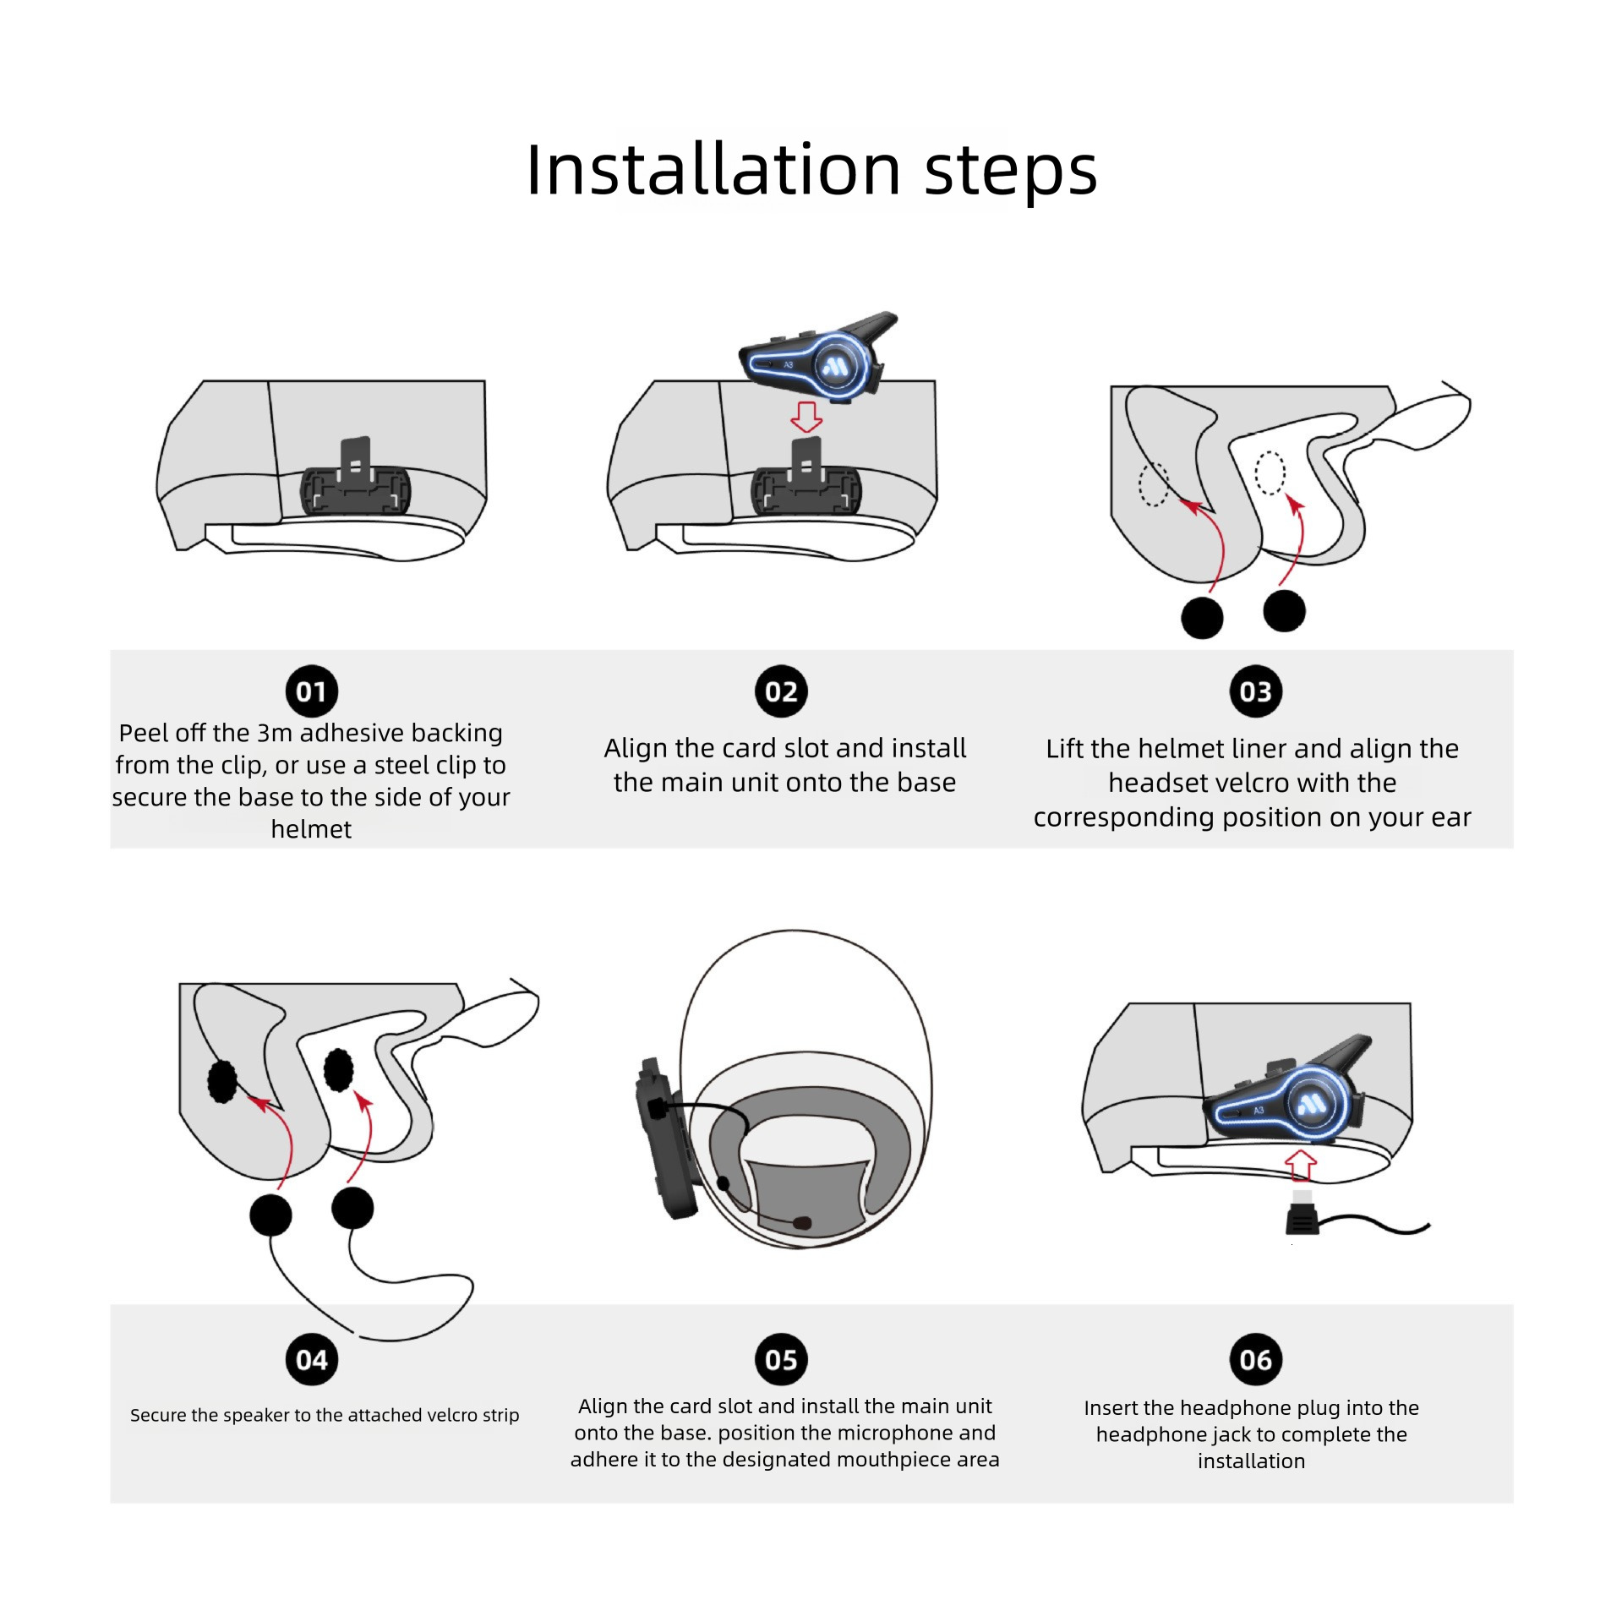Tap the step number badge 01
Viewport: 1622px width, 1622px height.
311,691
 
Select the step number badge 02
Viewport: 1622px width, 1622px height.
780,691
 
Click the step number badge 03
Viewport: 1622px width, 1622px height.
1255,691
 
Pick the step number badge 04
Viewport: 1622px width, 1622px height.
311,1359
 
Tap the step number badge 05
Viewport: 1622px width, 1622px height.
780,1359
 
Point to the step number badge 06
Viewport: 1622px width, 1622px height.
1255,1359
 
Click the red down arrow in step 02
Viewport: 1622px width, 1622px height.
806,417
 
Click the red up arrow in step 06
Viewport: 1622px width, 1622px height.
1301,1165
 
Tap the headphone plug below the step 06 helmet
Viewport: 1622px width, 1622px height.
1303,1218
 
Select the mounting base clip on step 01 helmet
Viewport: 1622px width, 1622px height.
356,486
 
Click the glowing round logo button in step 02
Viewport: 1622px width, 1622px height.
835,366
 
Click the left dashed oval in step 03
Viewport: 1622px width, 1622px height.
1154,485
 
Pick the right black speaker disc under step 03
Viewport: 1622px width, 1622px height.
1284,610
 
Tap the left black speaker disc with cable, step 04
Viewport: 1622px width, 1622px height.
270,1215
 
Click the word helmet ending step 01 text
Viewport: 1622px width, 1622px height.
311,829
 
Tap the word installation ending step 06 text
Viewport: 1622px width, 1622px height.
1251,1461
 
